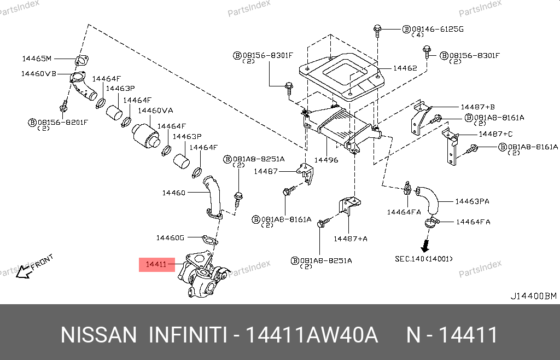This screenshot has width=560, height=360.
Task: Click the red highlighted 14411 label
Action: [156, 265]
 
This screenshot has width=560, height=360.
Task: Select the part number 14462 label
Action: [405, 68]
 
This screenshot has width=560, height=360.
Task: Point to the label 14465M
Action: [36, 59]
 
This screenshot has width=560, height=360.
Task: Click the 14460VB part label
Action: [38, 73]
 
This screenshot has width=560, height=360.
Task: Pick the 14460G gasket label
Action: [170, 237]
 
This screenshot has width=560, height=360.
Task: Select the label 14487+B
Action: [477, 107]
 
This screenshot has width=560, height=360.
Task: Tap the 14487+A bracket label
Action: [351, 239]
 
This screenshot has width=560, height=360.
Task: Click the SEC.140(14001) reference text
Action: [424, 259]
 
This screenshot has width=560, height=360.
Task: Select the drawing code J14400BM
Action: [533, 296]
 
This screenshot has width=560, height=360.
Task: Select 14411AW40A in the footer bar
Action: [312, 335]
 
